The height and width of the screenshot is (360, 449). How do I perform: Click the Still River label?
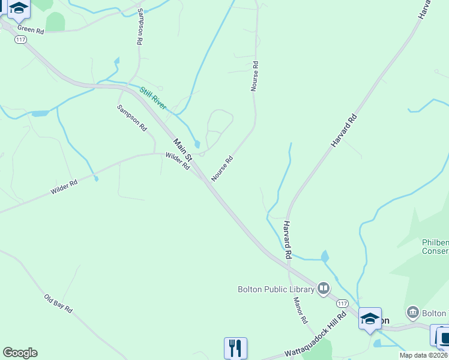[152, 98]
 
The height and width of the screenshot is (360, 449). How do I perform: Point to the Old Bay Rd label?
[58, 304]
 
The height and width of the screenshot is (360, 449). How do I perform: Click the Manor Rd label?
[300, 311]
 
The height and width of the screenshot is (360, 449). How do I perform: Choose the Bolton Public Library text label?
[276, 290]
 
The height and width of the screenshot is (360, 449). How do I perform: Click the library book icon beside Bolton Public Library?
[324, 289]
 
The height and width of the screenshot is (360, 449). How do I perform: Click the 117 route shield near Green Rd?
[20, 39]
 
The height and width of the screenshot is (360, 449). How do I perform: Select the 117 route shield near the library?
[342, 303]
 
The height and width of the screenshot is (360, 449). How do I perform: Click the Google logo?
[20, 353]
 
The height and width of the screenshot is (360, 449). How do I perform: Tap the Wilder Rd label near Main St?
[178, 160]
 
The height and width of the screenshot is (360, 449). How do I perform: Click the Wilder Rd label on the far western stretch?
[64, 187]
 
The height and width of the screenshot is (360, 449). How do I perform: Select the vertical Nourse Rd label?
[255, 76]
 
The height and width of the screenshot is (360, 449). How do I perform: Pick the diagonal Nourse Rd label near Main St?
[222, 169]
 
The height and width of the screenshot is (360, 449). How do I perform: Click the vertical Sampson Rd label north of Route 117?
[140, 28]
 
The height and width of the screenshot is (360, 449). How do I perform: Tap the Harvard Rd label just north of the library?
[288, 239]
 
